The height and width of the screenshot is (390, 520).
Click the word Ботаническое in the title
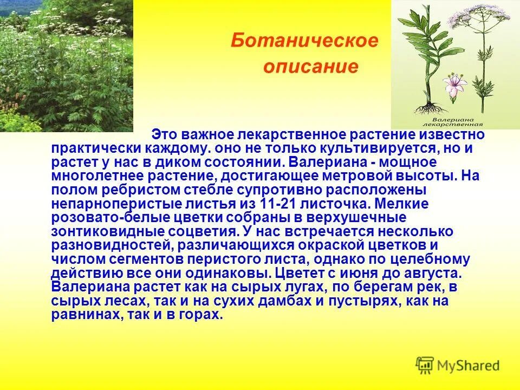coord(304,42)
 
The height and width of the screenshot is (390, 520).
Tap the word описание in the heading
coord(311,67)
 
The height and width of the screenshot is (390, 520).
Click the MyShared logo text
coord(469,366)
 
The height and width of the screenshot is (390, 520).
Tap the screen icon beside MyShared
coord(425,365)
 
